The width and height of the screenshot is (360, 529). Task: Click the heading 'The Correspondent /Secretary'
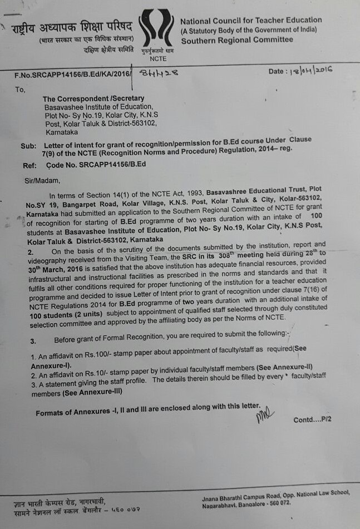[x=93, y=98]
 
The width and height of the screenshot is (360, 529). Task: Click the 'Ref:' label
[x=29, y=165]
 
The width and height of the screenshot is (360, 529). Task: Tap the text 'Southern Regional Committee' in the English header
[x=236, y=39]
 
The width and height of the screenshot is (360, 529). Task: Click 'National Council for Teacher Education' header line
[x=251, y=20]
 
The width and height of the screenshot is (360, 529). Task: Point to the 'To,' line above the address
[x=20, y=88]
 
